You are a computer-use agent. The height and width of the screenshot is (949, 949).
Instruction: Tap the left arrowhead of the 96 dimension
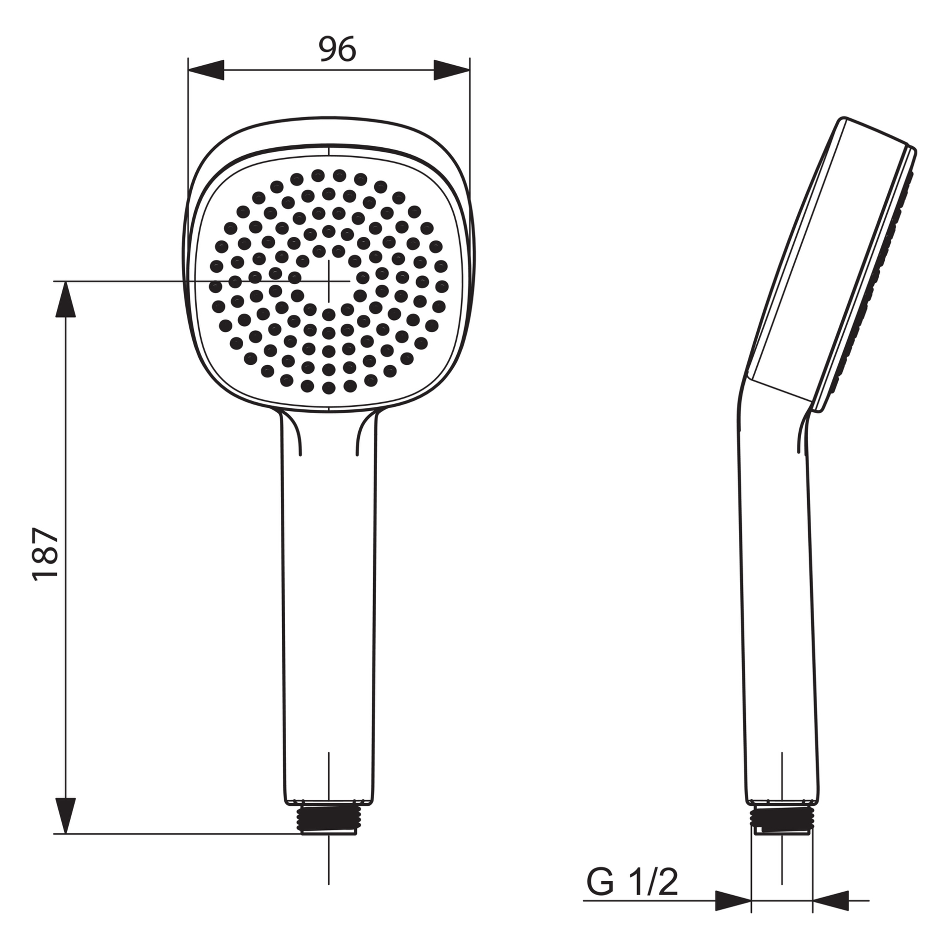point(206,70)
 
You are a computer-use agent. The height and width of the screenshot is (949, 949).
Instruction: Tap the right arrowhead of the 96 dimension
point(452,70)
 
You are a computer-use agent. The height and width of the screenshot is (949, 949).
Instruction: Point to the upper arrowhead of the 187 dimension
point(65,299)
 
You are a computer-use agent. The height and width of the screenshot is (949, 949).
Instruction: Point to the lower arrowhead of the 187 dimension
point(65,816)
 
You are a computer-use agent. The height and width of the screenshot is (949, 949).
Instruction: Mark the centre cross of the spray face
point(329,280)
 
